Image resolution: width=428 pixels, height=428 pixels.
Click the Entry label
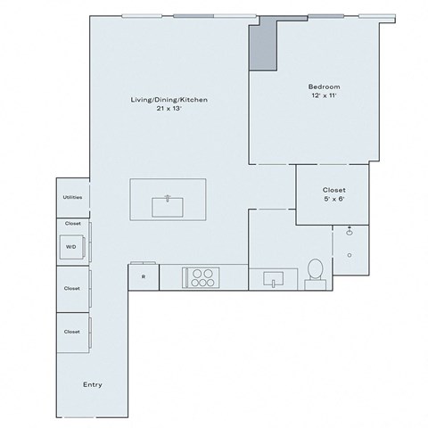pos(92,384)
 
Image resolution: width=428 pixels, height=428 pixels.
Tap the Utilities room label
pos(72,198)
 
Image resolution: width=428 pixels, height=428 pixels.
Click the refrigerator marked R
pos(144,276)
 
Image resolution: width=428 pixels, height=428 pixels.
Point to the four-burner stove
pos(202,277)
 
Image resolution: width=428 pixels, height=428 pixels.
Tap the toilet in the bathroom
pos(314,272)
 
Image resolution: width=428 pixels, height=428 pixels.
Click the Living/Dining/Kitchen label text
pos(169,100)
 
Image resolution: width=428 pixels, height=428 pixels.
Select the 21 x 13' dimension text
pos(169,109)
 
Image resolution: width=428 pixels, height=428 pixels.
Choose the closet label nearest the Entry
pos(72,332)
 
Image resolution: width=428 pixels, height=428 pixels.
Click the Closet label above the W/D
pos(72,223)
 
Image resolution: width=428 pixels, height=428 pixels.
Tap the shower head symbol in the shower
pos(349,231)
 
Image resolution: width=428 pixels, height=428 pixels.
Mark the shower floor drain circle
pos(350,255)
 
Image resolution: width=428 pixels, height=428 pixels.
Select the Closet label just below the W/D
pos(72,288)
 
